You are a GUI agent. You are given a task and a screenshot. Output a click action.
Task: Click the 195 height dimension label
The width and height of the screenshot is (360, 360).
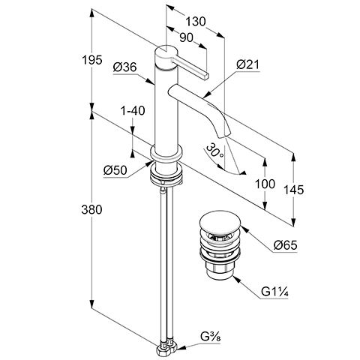[92, 60]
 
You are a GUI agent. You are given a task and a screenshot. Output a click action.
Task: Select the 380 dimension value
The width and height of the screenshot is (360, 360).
[91, 209]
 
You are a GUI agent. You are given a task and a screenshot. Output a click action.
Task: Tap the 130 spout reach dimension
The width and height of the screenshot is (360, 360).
[195, 22]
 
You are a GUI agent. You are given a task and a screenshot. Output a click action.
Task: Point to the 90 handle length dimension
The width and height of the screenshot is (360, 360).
[187, 37]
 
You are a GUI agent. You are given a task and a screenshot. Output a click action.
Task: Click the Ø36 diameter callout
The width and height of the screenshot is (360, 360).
[124, 67]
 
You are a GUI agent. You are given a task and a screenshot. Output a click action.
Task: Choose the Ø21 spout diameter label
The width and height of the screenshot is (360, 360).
[248, 64]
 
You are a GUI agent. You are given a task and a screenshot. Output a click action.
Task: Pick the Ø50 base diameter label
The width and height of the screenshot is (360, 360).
[115, 170]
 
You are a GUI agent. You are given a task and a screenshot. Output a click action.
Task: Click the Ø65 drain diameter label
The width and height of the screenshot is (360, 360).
[285, 245]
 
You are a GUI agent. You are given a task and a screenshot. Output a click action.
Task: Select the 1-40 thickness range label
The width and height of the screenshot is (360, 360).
[133, 111]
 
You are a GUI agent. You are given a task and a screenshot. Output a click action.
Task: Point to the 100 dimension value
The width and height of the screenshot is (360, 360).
[265, 184]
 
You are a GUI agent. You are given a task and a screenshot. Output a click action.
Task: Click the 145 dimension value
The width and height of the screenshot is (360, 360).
[294, 190]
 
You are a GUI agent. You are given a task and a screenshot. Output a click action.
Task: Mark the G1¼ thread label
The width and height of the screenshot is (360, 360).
[274, 292]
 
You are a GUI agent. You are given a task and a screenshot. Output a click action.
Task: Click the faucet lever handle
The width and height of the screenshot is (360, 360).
[193, 67]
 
